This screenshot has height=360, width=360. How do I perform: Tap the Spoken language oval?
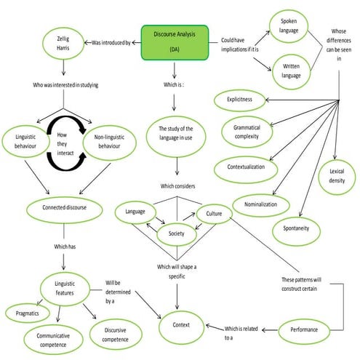point(289,26)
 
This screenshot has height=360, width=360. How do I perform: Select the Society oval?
point(177,234)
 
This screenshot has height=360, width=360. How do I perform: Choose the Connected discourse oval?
point(65,207)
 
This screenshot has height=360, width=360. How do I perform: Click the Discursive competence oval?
point(116,334)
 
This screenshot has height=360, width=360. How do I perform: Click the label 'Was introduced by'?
point(111,43)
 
